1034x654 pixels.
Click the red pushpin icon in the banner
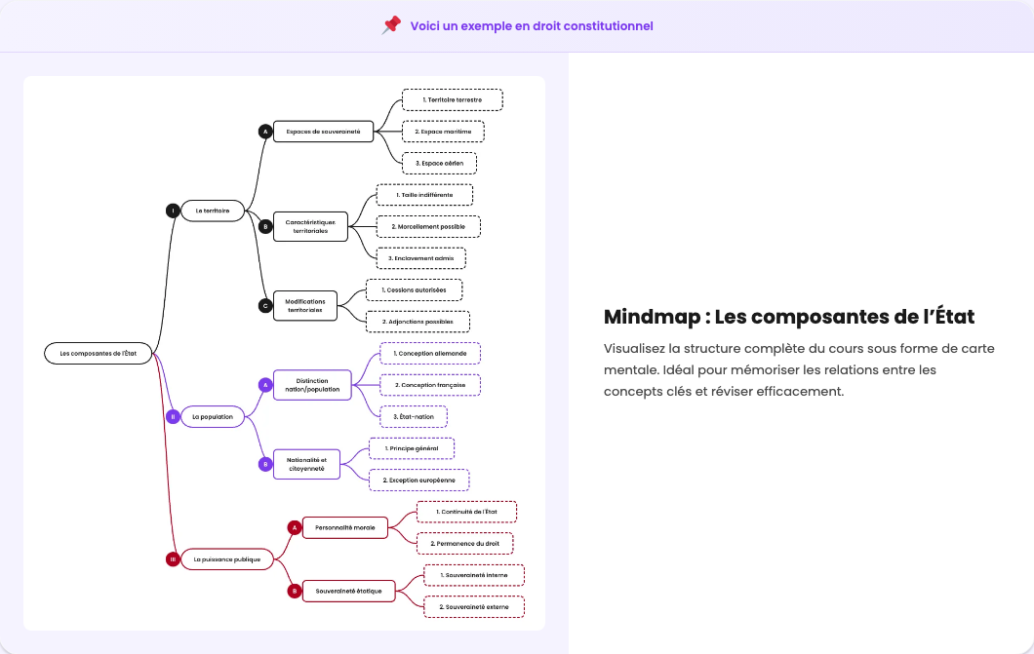pyautogui.click(x=391, y=25)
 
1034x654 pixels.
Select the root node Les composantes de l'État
pyautogui.click(x=98, y=354)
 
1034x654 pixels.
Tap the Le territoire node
pyautogui.click(x=213, y=211)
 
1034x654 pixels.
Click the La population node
pyautogui.click(x=213, y=416)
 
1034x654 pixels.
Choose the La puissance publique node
pyautogui.click(x=227, y=559)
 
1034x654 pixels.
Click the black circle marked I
pyautogui.click(x=173, y=211)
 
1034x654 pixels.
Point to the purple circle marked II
pyautogui.click(x=173, y=416)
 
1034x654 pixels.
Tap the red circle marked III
pyautogui.click(x=173, y=559)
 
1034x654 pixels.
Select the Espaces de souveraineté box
pyautogui.click(x=323, y=132)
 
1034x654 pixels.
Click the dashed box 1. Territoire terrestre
pyautogui.click(x=452, y=99)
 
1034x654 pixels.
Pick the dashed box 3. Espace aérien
pyautogui.click(x=439, y=163)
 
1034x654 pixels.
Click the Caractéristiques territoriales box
pyautogui.click(x=310, y=226)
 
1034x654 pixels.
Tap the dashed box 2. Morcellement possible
pyautogui.click(x=428, y=226)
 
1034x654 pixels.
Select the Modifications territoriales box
pyautogui.click(x=304, y=305)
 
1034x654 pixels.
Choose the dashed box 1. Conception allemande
pyautogui.click(x=430, y=353)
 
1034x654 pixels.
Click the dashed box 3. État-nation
pyautogui.click(x=414, y=416)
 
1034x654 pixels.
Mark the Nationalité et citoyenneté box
pyautogui.click(x=306, y=464)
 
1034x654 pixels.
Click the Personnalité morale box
pyautogui.click(x=345, y=527)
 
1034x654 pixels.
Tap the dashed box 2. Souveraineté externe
pyautogui.click(x=474, y=607)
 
